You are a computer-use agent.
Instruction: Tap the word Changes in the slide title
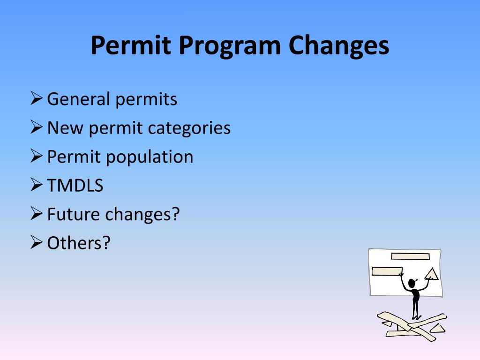click(338, 46)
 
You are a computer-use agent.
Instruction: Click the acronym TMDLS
click(75, 186)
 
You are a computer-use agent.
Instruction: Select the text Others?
click(78, 243)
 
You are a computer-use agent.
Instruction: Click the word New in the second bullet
click(65, 128)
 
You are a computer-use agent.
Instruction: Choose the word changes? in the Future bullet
click(142, 214)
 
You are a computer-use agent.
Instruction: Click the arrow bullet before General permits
click(37, 99)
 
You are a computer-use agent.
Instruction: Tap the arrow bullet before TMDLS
click(37, 185)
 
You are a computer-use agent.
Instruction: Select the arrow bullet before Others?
click(37, 242)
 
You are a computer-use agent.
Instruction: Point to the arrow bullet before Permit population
click(37, 156)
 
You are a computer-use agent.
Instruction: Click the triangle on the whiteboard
click(432, 274)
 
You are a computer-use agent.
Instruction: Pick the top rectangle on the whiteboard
click(410, 256)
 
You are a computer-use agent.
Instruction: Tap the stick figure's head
click(412, 284)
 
